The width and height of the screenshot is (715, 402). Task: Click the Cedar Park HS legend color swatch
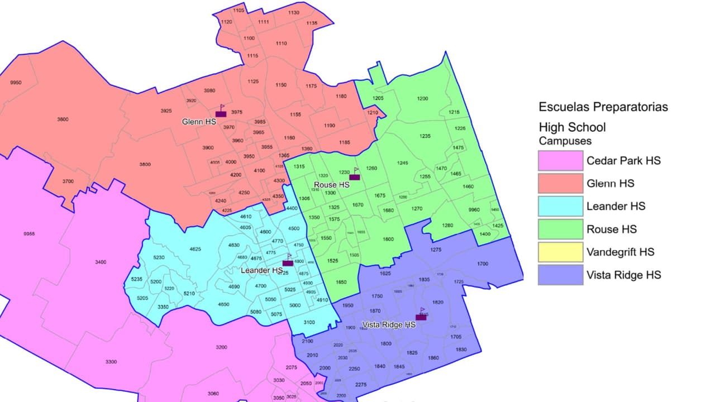click(x=560, y=161)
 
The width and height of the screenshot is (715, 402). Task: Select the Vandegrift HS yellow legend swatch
click(x=560, y=252)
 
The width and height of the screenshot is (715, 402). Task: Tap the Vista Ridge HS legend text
click(x=623, y=275)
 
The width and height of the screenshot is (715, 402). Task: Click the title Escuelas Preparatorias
click(x=603, y=107)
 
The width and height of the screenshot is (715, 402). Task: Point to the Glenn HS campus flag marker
click(x=221, y=112)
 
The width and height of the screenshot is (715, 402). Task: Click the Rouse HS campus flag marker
click(x=355, y=175)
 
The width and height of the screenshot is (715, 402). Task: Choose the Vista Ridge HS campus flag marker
click(x=421, y=315)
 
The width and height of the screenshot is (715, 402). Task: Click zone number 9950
click(x=16, y=83)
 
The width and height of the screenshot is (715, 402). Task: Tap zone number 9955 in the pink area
click(x=29, y=234)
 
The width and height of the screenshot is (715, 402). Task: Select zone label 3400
click(x=101, y=262)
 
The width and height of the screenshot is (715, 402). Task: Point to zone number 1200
click(x=422, y=99)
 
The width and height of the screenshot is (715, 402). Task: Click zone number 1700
click(x=483, y=264)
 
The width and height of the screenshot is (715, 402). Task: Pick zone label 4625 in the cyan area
click(x=195, y=249)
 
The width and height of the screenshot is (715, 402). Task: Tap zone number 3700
click(x=68, y=181)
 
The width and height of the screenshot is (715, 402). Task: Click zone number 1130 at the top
click(x=294, y=13)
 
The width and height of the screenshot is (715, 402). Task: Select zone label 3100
click(x=309, y=323)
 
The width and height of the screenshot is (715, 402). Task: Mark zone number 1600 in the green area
click(x=388, y=240)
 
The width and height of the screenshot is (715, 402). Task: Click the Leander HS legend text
click(x=616, y=207)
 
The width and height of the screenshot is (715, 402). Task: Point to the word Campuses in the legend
click(x=565, y=141)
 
